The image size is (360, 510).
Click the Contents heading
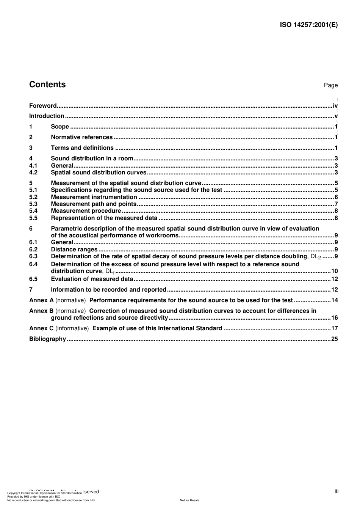(x=47, y=85)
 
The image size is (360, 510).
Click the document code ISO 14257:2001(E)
(x=308, y=25)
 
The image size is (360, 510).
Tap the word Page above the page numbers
(x=330, y=85)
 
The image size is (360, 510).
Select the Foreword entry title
(x=43, y=106)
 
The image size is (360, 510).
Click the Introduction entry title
(x=47, y=116)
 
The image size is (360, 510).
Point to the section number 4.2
(x=33, y=173)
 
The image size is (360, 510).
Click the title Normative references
(x=82, y=137)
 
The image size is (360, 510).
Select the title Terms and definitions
(x=82, y=148)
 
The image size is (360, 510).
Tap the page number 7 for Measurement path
(x=336, y=204)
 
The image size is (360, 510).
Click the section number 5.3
(x=33, y=204)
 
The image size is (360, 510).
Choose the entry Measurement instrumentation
(x=94, y=197)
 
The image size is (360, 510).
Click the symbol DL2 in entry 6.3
(x=315, y=257)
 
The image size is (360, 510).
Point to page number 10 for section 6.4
(x=334, y=271)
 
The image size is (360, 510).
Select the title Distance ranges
(x=74, y=250)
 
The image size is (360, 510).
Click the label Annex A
(x=41, y=300)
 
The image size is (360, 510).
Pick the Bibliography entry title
(x=47, y=339)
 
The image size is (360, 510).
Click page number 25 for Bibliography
(x=334, y=339)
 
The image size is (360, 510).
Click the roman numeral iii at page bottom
(x=337, y=491)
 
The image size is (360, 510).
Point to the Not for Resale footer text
(x=189, y=500)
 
